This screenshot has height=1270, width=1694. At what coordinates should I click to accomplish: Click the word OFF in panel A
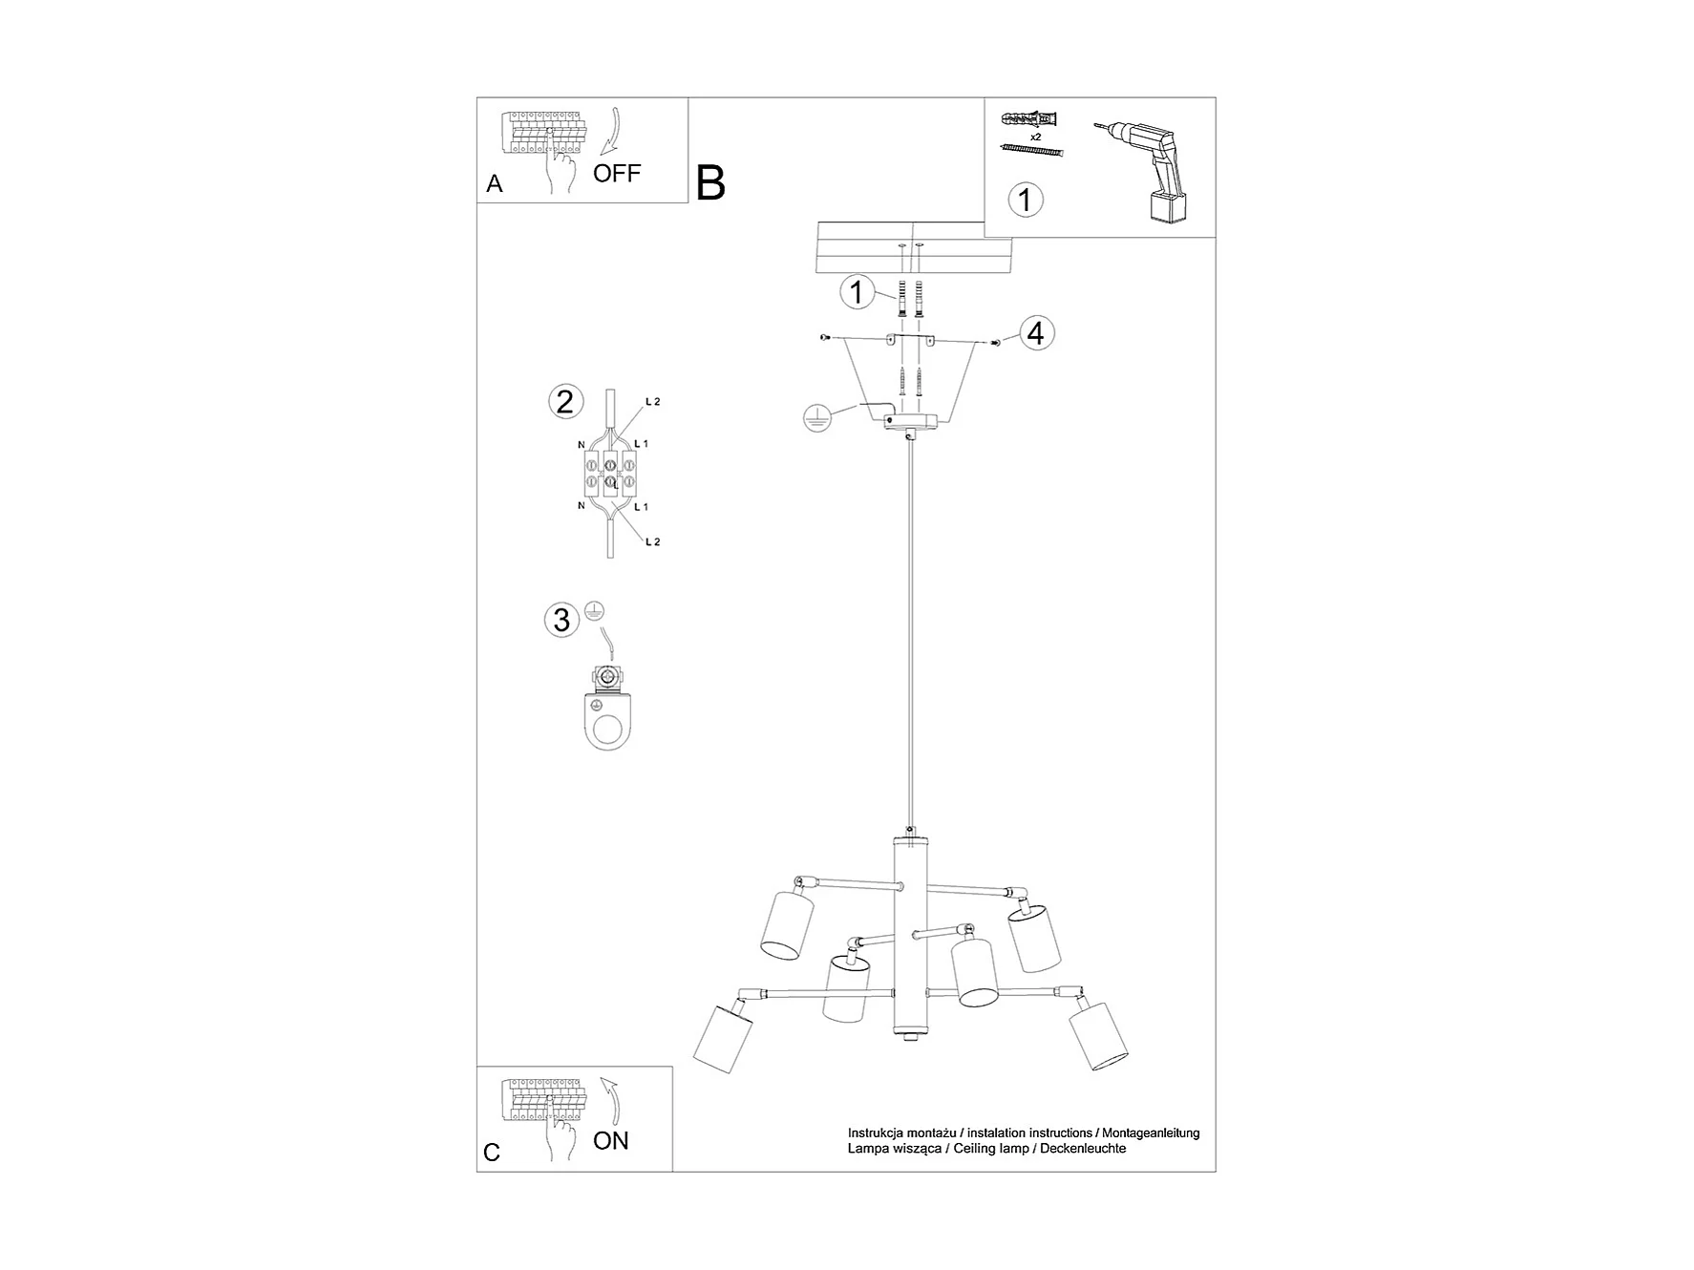pyautogui.click(x=616, y=174)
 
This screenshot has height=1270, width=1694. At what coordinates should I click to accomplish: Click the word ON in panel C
pyautogui.click(x=610, y=1141)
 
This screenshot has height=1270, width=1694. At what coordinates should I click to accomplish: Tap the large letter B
pyautogui.click(x=710, y=182)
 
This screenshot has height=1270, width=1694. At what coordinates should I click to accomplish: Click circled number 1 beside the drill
pyautogui.click(x=1026, y=200)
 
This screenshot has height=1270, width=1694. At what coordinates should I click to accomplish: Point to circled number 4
pyautogui.click(x=1036, y=333)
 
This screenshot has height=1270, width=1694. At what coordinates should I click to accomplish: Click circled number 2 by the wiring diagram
pyautogui.click(x=564, y=401)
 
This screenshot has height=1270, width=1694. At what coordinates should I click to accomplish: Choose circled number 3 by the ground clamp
pyautogui.click(x=561, y=620)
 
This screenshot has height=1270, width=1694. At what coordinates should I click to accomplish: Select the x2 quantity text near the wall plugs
pyautogui.click(x=1035, y=137)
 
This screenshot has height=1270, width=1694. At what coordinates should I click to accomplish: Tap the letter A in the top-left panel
pyautogui.click(x=494, y=183)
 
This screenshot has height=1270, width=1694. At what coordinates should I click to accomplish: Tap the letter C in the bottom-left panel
pyautogui.click(x=492, y=1153)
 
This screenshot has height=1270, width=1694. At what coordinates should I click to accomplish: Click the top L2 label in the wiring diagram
pyautogui.click(x=653, y=402)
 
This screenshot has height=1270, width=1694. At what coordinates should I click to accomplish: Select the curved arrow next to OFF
pyautogui.click(x=609, y=131)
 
